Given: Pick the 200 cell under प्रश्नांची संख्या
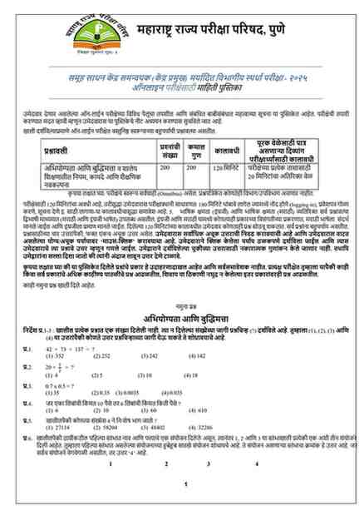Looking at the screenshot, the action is (x=164, y=167).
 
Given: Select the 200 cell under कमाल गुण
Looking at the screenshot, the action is (x=196, y=167).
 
